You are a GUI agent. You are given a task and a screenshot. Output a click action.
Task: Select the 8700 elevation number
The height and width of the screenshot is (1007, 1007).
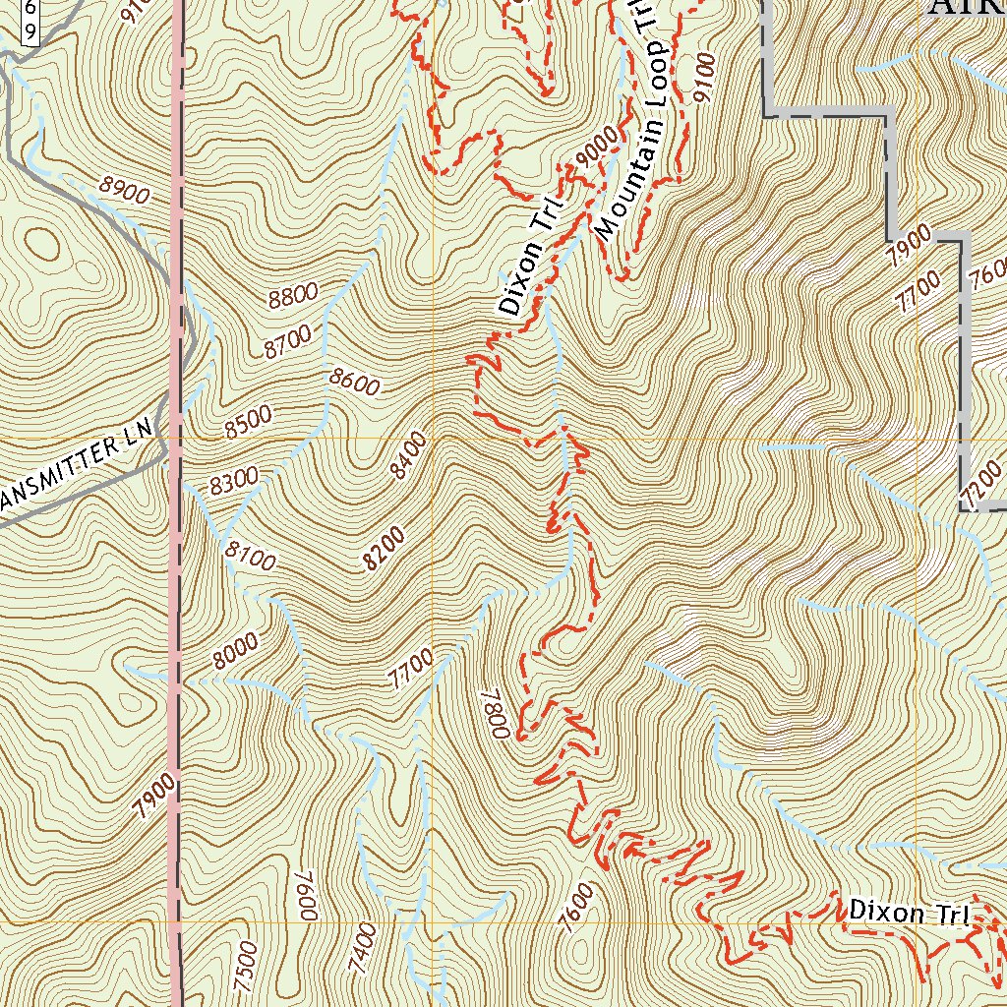287,340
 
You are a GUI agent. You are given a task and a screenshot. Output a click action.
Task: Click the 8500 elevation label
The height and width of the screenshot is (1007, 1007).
247,420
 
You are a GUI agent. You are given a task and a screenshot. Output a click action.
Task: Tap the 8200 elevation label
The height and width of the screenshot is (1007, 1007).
384,548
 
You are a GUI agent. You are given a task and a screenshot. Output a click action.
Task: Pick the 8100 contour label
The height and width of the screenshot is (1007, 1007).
250,557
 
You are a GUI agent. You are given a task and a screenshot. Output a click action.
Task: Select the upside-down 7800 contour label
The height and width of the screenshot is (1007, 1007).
494,713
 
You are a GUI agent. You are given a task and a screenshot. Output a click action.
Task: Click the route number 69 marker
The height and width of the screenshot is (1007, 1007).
30,22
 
